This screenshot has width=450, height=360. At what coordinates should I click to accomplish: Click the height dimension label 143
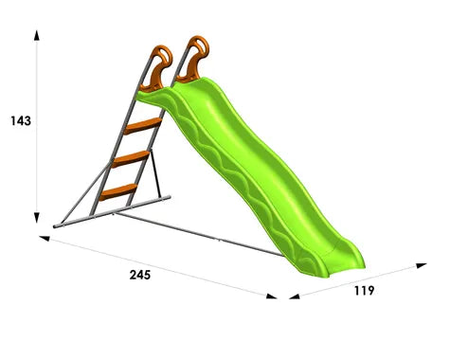pyautogui.click(x=21, y=121)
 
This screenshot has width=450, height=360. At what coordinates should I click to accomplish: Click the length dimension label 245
pyautogui.click(x=140, y=275)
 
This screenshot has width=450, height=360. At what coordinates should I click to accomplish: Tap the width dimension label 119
pyautogui.click(x=364, y=291)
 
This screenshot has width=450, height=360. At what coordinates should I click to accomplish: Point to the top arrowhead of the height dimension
pyautogui.click(x=37, y=35)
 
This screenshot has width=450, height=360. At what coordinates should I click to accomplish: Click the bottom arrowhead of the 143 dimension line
pyautogui.click(x=37, y=218)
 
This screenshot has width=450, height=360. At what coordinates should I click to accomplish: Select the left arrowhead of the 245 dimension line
pyautogui.click(x=45, y=238)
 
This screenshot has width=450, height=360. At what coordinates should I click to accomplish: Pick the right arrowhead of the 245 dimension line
pyautogui.click(x=272, y=297)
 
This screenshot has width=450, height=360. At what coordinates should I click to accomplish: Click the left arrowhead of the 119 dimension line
pyautogui.click(x=295, y=297)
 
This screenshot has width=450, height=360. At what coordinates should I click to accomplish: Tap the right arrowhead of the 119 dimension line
pyautogui.click(x=422, y=265)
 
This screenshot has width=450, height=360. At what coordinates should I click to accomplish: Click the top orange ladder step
pyautogui.click(x=143, y=126)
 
